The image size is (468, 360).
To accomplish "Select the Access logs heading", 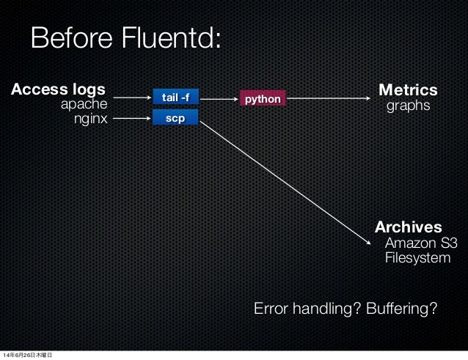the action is coord(58,89).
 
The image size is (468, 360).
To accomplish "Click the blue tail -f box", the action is coord(175,97).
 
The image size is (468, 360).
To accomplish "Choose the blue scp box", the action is coord(175,117).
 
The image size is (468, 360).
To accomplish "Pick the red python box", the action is coord(262,98).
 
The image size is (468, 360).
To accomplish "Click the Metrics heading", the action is coord(407,90).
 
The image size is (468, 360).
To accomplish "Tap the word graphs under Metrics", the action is coord(408,107).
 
